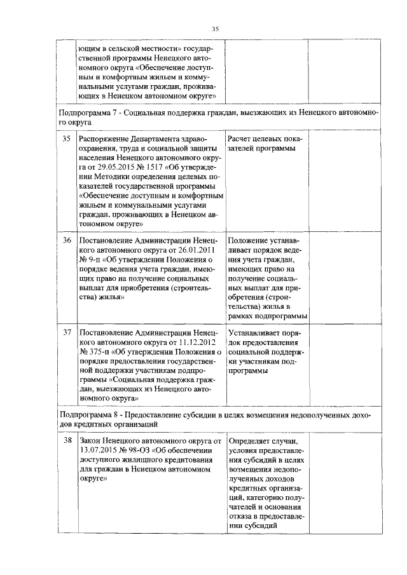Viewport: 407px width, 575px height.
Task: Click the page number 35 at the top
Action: (215, 29)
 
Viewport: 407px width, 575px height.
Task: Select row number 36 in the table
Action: (66, 241)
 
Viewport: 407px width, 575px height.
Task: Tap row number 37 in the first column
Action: (66, 332)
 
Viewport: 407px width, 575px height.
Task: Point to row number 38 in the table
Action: (66, 440)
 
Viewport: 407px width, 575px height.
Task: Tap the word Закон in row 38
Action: (91, 440)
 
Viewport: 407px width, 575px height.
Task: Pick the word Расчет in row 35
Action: (241, 139)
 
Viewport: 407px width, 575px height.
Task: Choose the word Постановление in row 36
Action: (109, 241)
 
